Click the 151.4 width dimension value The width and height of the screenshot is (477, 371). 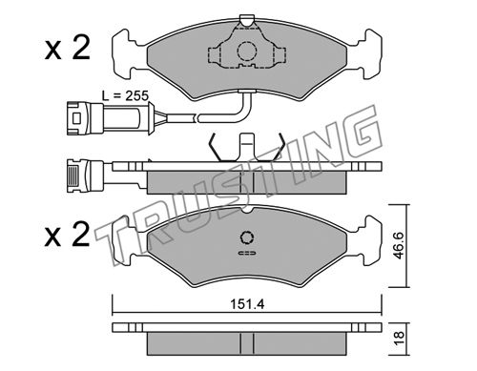point(247,304)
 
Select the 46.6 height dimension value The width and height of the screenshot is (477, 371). point(398,245)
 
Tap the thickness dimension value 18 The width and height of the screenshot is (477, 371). point(398,339)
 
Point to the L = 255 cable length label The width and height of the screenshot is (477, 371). point(125,95)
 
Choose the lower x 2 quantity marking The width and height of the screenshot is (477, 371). point(68,235)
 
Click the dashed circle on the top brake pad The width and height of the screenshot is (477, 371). point(247,51)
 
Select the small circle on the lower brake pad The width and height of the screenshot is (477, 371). point(247,237)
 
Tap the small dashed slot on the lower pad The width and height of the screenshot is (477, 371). point(247,253)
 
